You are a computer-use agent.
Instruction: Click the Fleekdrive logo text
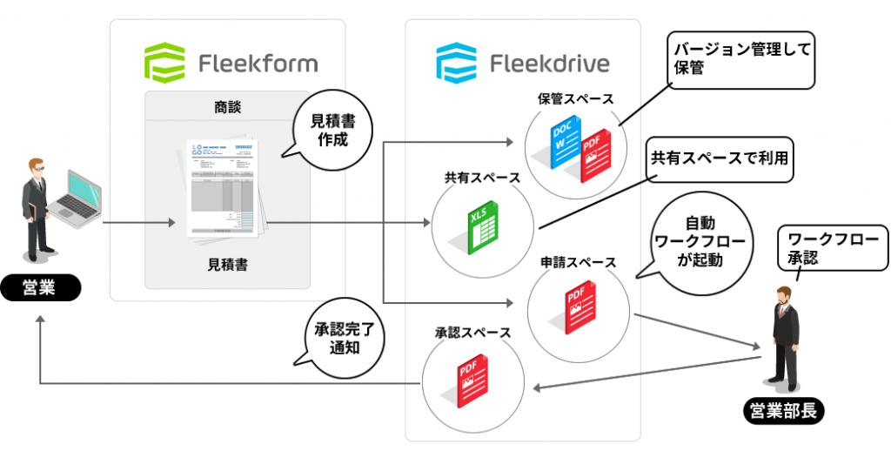click(x=550, y=64)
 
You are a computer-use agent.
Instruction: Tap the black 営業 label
click(x=41, y=288)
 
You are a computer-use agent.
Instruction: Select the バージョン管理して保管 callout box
click(x=741, y=59)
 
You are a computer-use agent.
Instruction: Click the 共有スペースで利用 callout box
click(x=719, y=160)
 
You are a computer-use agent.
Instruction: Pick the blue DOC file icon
click(x=564, y=142)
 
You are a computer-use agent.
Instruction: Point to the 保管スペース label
click(x=576, y=98)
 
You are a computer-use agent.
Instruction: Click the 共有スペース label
click(x=482, y=177)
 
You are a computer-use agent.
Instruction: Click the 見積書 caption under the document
click(x=227, y=264)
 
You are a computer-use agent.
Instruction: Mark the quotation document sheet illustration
click(x=224, y=186)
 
